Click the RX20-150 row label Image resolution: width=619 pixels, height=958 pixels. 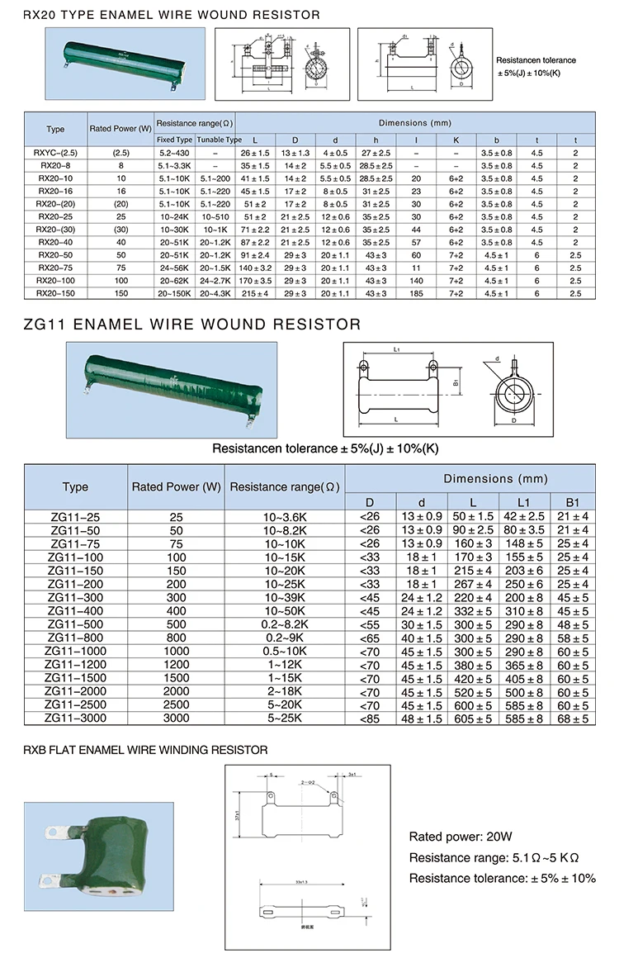(55, 292)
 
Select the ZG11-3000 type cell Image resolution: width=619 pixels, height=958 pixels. (75, 718)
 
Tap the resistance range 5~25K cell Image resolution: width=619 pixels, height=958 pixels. (285, 718)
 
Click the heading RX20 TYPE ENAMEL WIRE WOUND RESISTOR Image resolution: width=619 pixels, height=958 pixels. (171, 15)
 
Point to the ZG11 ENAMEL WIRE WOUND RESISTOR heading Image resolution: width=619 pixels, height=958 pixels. (192, 325)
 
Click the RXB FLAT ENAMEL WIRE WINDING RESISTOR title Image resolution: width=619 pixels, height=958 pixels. (145, 750)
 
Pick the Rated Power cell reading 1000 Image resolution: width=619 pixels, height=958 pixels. (175, 652)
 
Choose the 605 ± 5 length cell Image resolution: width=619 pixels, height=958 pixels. (472, 718)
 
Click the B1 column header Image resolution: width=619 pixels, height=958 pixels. (574, 502)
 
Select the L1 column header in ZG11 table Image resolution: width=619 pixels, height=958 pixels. (523, 502)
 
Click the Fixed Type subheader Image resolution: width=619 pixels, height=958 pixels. (174, 140)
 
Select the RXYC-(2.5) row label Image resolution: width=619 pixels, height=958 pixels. (55, 154)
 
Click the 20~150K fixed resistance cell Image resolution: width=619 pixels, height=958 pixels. (174, 292)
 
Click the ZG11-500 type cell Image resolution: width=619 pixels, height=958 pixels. (75, 625)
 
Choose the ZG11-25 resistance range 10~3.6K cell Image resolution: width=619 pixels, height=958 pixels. (285, 517)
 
